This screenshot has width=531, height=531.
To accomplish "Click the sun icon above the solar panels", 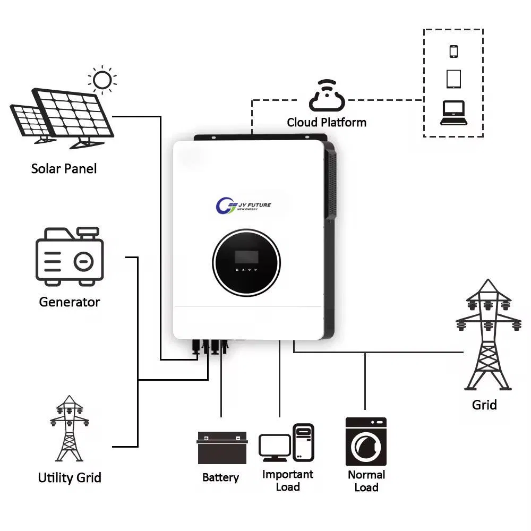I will tap(102, 80).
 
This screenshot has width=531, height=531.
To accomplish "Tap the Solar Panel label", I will tap(64, 169).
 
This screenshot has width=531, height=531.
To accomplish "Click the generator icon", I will tap(70, 255).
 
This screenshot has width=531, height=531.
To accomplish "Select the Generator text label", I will tap(69, 302).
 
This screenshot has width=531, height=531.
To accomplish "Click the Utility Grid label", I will tap(70, 477).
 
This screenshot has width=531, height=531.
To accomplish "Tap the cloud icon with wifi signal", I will tap(327, 96).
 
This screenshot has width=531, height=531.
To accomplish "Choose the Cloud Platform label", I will tap(327, 123).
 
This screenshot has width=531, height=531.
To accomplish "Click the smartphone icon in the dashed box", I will tap(453, 52).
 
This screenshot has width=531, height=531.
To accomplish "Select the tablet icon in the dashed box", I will tap(453, 79).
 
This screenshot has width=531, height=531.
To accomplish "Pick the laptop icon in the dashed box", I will tap(453, 113).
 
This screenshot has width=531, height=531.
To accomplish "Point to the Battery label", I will tap(220, 477).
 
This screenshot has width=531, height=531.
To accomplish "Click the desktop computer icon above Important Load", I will tap(287, 442).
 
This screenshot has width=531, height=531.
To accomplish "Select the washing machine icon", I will tap(366, 441).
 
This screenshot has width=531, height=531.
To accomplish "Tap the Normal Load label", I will tap(366, 481).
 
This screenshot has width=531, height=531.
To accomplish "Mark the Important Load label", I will tap(288, 481).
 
